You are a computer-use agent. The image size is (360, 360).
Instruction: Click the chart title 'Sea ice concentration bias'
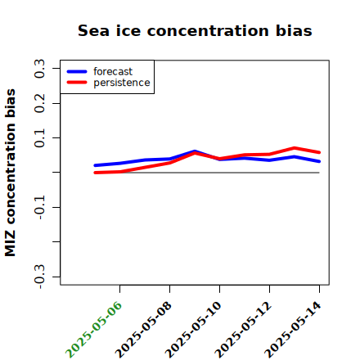click(x=195, y=30)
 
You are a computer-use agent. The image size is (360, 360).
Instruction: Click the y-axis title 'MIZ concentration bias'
click(x=11, y=173)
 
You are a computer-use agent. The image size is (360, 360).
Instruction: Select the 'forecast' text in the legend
click(x=113, y=71)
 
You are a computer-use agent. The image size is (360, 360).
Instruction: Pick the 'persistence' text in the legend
click(x=122, y=83)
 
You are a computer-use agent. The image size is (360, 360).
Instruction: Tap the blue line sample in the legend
click(x=77, y=71)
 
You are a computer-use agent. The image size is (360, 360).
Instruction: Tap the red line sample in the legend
click(x=77, y=83)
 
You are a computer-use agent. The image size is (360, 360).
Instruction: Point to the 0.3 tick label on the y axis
click(x=39, y=69)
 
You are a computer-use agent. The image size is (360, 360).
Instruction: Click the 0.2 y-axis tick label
click(x=39, y=103)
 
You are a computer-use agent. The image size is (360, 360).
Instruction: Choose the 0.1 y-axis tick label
click(x=39, y=138)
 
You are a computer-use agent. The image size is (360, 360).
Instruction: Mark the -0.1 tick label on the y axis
click(x=39, y=207)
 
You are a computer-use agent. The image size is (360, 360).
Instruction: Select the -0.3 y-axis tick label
click(x=39, y=277)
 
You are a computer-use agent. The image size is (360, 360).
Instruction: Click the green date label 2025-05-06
click(x=93, y=330)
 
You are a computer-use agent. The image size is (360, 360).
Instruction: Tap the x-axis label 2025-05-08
click(x=143, y=330)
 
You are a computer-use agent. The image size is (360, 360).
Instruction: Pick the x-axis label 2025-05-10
click(x=193, y=330)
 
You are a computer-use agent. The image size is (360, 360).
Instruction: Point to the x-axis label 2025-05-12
click(x=243, y=330)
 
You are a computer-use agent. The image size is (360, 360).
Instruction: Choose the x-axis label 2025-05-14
click(x=293, y=330)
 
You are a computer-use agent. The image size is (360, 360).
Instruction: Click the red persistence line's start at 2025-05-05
click(x=95, y=173)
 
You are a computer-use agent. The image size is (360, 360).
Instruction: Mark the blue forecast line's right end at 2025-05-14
click(x=319, y=161)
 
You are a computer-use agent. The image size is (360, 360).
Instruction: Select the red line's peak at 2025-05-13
click(x=295, y=148)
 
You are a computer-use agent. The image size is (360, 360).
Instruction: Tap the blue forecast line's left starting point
click(x=95, y=165)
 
